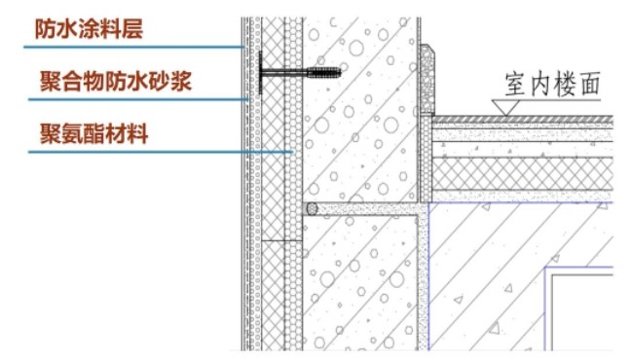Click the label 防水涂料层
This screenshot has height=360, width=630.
pos(89,29)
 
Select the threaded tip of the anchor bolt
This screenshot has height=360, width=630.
pos(325,71)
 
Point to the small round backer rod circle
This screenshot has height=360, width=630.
pos(312,208)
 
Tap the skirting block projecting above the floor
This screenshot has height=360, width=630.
pos(427,78)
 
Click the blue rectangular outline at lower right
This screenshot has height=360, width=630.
pos(579,311)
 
